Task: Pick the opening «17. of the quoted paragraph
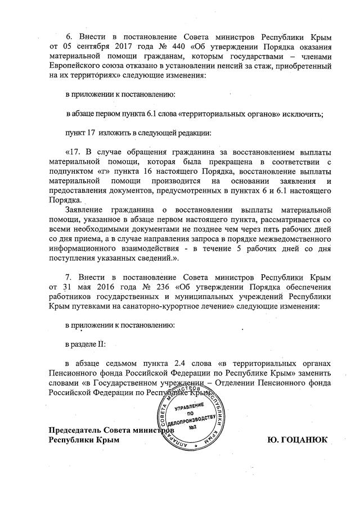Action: [x=74, y=152]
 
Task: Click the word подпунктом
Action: [x=69, y=173]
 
